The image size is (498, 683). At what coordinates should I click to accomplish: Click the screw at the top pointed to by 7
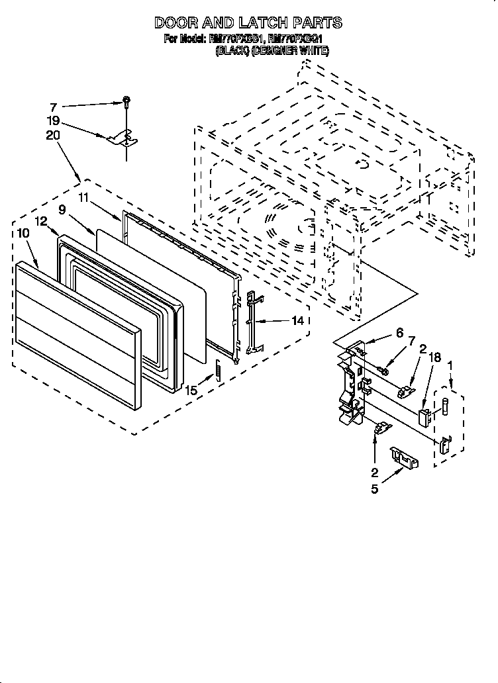(125, 102)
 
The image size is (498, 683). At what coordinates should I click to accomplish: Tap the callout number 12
(41, 222)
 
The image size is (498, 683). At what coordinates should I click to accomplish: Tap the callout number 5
(375, 490)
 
